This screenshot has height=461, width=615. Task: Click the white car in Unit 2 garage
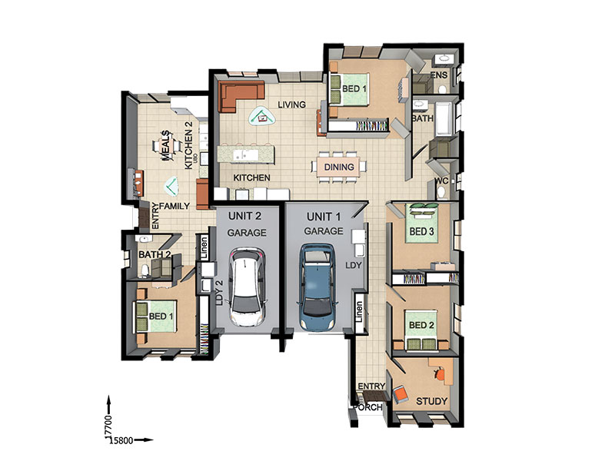[248, 287]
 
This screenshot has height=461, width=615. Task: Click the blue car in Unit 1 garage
[317, 287]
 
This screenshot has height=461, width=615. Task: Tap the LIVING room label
[291, 104]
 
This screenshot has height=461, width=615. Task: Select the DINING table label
[339, 167]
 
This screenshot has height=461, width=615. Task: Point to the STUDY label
[431, 401]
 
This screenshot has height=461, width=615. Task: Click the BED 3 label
[421, 232]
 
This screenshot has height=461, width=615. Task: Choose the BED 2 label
[421, 325]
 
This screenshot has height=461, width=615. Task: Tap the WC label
[441, 181]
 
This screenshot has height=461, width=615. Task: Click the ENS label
[439, 75]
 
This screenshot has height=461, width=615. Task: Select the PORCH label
[367, 407]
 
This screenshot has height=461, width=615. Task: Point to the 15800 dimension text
[121, 440]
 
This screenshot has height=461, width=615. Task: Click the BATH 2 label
[155, 254]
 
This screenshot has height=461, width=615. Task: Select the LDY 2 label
[219, 293]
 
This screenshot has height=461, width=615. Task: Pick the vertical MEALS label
[165, 146]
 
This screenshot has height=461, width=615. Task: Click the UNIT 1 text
[324, 217]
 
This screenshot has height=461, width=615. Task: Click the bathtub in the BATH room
[444, 119]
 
